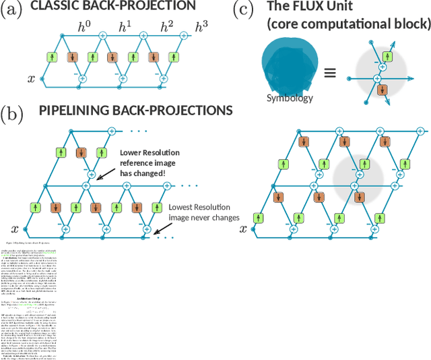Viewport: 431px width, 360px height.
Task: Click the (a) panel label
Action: point(12,9)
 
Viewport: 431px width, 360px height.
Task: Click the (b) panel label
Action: point(12,113)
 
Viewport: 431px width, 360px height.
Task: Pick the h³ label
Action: point(201,28)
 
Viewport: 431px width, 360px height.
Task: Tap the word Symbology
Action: point(290,98)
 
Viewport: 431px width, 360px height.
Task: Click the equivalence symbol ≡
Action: point(330,73)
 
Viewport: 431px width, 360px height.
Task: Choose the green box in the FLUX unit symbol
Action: point(387,56)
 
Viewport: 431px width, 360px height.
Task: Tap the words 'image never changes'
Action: point(203,218)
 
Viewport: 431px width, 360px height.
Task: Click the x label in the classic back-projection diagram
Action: point(31,79)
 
